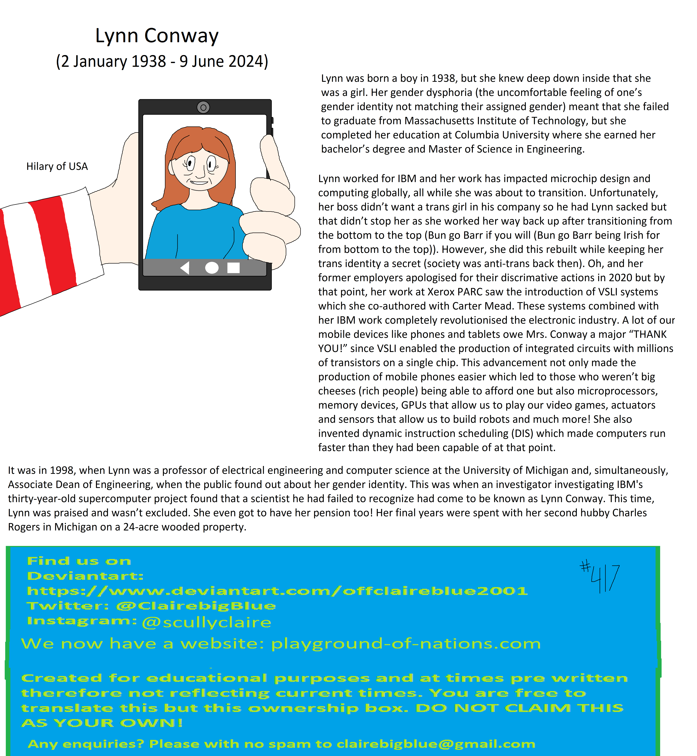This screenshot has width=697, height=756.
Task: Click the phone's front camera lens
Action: (x=203, y=108)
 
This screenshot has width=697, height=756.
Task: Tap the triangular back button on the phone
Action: (x=185, y=268)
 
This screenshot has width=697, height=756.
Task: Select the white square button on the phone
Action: (x=233, y=268)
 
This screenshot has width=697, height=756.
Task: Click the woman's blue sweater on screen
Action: (x=196, y=234)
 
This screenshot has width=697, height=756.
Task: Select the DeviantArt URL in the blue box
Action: (x=277, y=591)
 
